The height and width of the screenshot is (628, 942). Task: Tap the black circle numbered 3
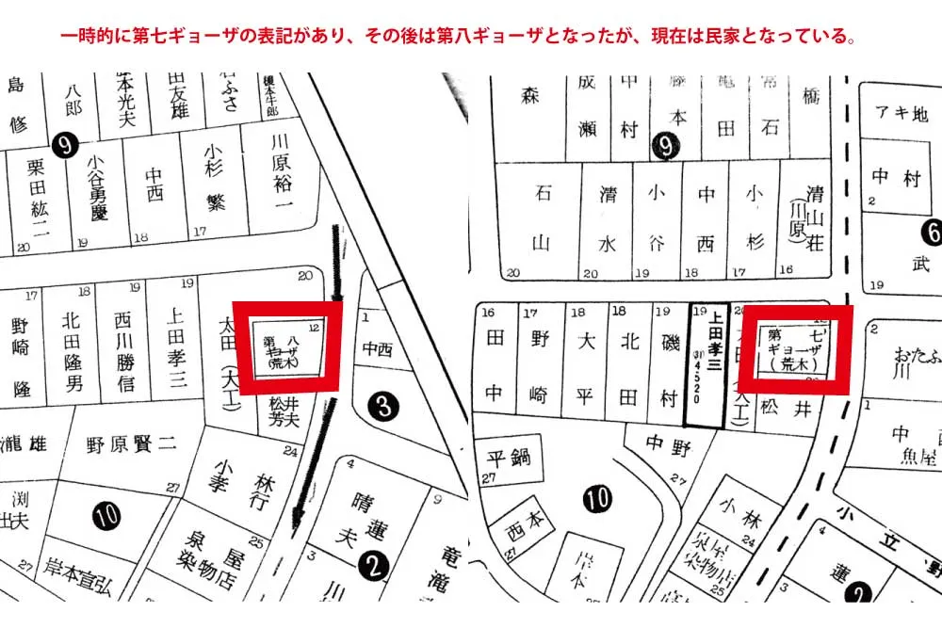point(382,407)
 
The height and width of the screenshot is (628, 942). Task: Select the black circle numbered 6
point(934,232)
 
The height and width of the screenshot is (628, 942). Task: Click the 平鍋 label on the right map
point(508,459)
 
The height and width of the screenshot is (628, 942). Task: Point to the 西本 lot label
point(525,522)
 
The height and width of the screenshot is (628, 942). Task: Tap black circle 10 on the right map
point(596,499)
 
